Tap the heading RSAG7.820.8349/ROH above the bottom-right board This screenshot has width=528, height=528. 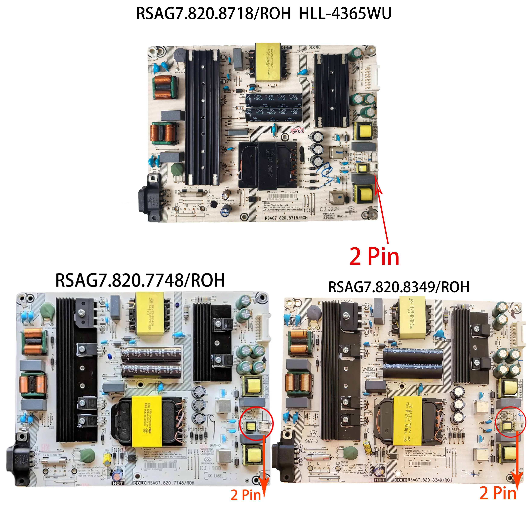point(398,287)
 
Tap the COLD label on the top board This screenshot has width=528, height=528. point(314,47)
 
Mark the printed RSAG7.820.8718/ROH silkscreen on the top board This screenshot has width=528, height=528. point(286,218)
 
